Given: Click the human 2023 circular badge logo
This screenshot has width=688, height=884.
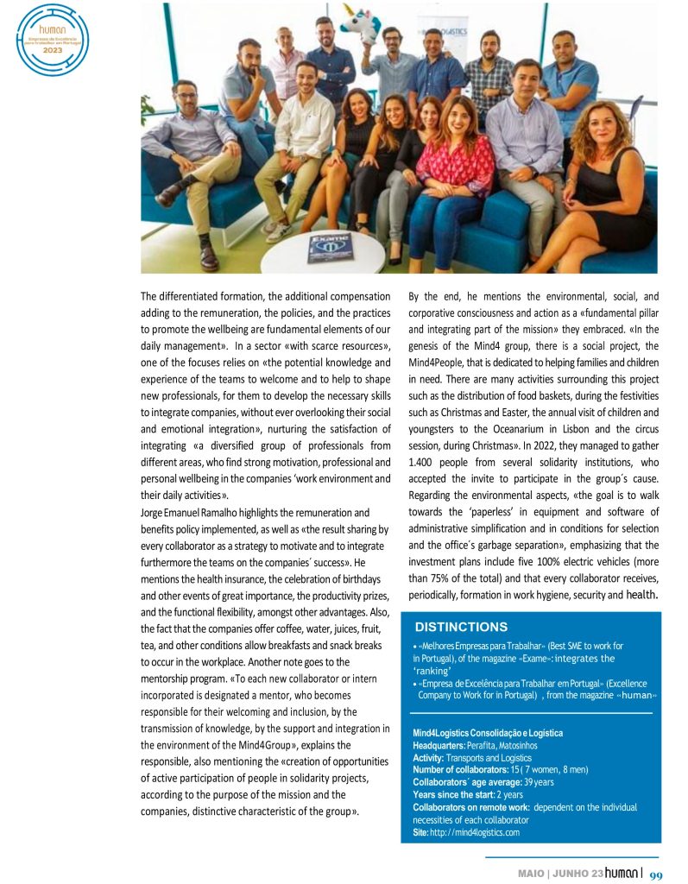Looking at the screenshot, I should pos(54,41).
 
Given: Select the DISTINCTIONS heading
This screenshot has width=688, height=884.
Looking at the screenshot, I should pos(461,627).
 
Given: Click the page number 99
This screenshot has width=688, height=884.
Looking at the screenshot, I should pos(655,874).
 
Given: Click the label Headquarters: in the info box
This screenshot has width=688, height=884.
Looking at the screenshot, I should pos(439,745).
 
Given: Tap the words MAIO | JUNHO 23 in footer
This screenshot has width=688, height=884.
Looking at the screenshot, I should pos(560,874).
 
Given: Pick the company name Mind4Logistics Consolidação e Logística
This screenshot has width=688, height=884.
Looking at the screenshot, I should pos(488,733).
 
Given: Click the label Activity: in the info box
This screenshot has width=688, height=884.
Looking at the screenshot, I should pos(433,758).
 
